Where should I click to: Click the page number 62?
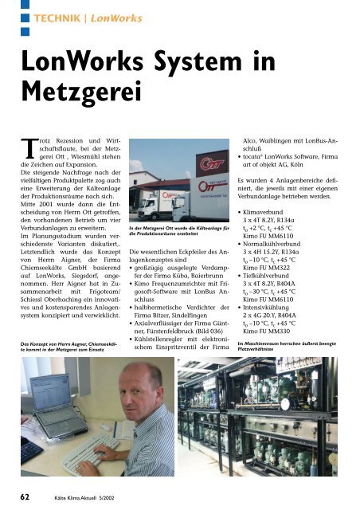coord(25,495)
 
